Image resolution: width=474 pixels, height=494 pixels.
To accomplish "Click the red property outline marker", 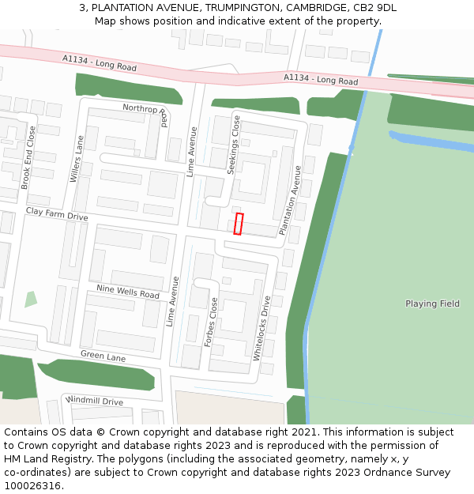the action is click(x=238, y=224).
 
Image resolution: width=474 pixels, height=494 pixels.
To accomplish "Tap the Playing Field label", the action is click(x=432, y=304).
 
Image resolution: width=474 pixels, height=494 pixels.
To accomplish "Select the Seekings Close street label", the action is click(x=234, y=144).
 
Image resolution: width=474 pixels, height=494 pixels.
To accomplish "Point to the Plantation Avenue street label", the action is click(x=290, y=200).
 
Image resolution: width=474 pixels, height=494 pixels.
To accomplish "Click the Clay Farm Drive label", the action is click(x=57, y=213).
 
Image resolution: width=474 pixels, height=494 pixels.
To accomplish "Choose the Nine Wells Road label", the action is click(x=128, y=292).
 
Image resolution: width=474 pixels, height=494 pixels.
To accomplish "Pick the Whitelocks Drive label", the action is click(x=261, y=328).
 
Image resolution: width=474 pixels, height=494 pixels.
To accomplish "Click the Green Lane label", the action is click(x=103, y=356).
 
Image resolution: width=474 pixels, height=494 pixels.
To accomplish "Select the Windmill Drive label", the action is click(x=96, y=401).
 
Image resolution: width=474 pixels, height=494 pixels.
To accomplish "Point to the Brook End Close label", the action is click(x=27, y=157).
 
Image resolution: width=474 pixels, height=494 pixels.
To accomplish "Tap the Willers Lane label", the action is click(x=77, y=159).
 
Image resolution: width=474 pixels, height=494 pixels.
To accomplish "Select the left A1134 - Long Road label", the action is click(x=100, y=62).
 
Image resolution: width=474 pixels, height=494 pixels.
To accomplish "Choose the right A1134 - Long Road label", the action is click(x=320, y=79).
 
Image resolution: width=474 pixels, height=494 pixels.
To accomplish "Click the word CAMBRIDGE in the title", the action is click(x=291, y=8).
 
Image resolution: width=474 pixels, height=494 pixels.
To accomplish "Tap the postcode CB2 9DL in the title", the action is click(x=374, y=8).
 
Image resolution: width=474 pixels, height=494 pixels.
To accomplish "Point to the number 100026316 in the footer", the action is click(x=32, y=486).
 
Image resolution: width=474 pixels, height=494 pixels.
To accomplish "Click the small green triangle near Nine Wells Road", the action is click(x=30, y=300).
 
